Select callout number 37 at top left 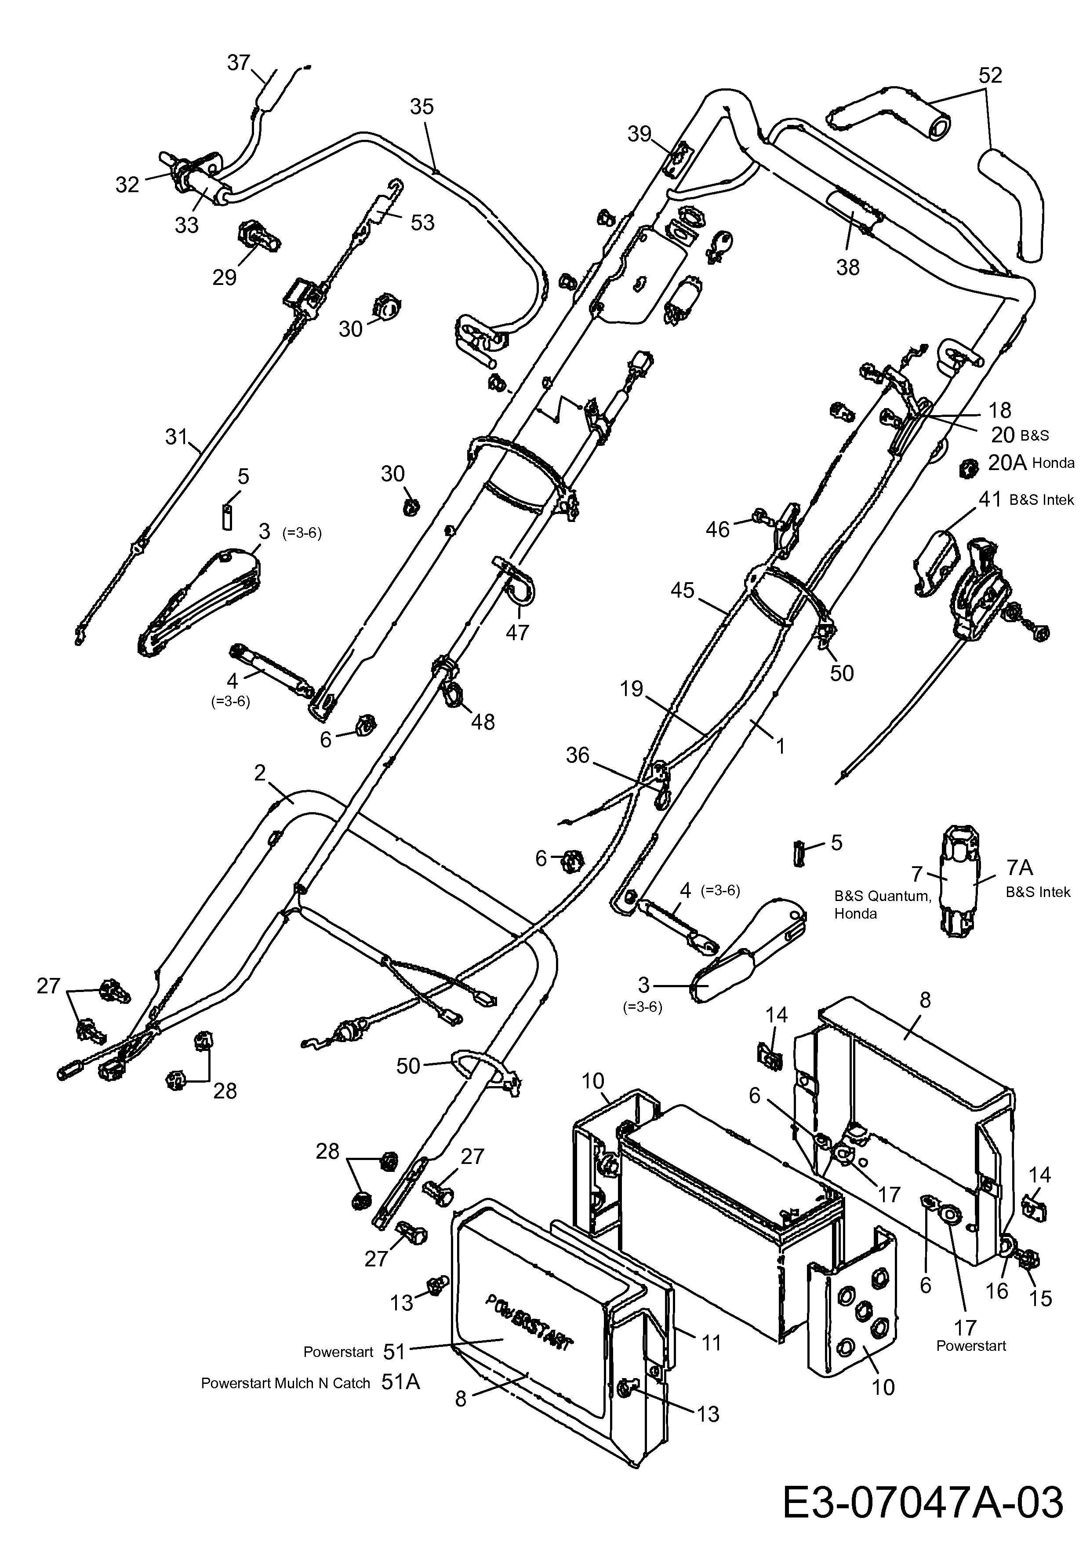pyautogui.click(x=238, y=62)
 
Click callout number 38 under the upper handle pyautogui.click(x=847, y=267)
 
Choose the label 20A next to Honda pyautogui.click(x=1007, y=463)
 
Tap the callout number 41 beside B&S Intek pyautogui.click(x=990, y=500)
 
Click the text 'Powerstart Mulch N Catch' pyautogui.click(x=285, y=1383)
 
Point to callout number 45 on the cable pyautogui.click(x=683, y=590)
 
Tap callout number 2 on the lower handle pyautogui.click(x=260, y=773)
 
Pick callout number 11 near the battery pyautogui.click(x=711, y=1343)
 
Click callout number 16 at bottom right pyautogui.click(x=997, y=1290)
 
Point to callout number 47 pyautogui.click(x=517, y=632)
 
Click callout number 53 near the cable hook pyautogui.click(x=422, y=223)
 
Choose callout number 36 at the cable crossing pyautogui.click(x=578, y=755)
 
